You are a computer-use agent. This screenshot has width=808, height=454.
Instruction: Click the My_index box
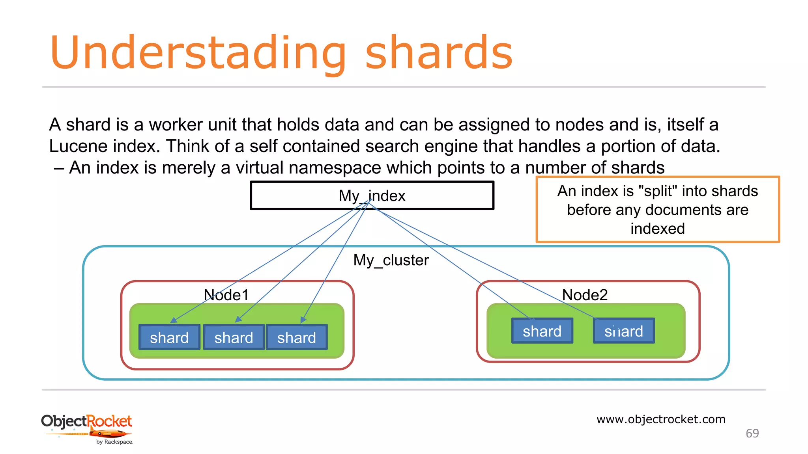coord(372,195)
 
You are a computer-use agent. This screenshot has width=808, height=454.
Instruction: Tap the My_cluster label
coord(391,260)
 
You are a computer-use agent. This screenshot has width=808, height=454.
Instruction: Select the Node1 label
coord(226,295)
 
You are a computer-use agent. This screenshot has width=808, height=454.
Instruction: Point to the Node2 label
coord(584,295)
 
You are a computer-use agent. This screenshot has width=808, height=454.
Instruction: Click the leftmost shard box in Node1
coord(169,337)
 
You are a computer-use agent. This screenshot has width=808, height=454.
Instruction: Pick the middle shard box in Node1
coord(234,337)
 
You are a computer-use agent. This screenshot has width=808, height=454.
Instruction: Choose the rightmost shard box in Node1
coord(297,337)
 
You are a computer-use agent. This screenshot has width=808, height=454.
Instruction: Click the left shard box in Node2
coord(542,331)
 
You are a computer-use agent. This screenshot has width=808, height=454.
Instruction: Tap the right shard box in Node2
coord(623,331)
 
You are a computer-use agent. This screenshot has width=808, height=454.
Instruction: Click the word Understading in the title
coord(197,53)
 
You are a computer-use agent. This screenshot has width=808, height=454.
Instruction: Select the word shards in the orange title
coord(439,53)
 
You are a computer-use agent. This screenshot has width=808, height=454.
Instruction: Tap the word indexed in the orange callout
coord(657,229)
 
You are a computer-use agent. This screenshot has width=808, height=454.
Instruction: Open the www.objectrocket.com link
coord(661,419)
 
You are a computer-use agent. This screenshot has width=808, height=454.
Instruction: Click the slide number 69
coord(752,434)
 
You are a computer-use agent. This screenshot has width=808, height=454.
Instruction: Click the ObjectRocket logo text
coord(86,421)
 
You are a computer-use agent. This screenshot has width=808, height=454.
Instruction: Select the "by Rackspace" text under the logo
coord(114,442)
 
